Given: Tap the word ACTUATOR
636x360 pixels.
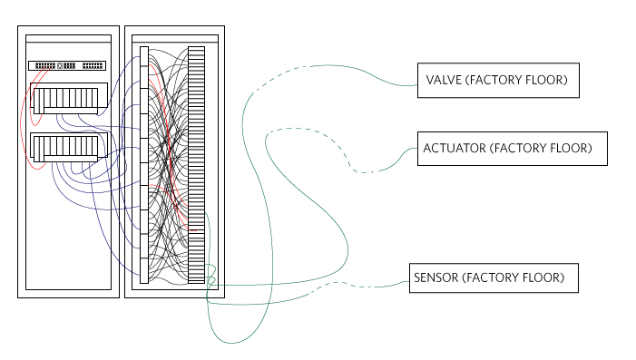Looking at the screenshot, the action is tap(455, 148).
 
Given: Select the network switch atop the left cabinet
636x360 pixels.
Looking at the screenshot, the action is tap(67, 65).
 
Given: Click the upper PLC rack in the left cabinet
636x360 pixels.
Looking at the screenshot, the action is tap(69, 98).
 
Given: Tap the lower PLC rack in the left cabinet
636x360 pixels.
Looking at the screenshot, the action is tap(69, 147).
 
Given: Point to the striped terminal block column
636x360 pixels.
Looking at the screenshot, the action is tap(196, 165).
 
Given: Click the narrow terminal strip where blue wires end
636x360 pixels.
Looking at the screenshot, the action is tap(144, 165).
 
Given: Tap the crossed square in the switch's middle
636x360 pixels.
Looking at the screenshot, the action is tap(60, 65).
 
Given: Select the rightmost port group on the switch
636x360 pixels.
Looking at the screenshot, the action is tap(93, 65).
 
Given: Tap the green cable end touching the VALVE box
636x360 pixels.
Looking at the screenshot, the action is tap(415, 85).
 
